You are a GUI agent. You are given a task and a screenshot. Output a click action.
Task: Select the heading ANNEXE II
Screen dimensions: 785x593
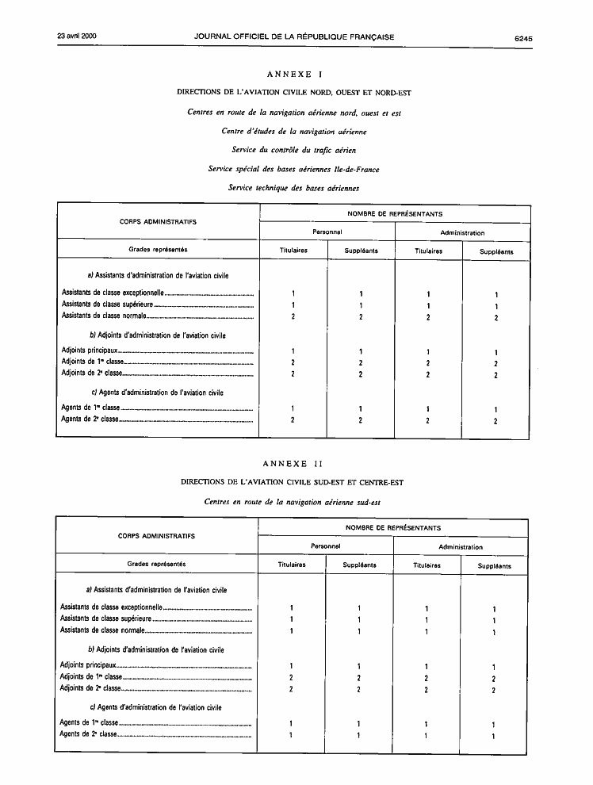(x=294, y=463)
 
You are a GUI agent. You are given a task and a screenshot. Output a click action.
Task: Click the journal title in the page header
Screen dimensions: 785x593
(x=293, y=36)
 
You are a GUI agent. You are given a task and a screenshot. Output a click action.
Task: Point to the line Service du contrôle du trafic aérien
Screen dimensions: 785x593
(x=294, y=150)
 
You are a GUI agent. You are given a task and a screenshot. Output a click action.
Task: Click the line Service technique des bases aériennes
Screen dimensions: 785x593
(x=294, y=188)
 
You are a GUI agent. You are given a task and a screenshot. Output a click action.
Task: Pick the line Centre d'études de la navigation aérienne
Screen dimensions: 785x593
(x=294, y=131)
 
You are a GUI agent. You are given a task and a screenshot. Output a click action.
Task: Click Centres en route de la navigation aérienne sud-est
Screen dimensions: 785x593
(x=294, y=501)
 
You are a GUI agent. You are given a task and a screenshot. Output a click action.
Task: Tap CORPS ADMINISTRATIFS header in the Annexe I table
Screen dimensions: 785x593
(x=158, y=221)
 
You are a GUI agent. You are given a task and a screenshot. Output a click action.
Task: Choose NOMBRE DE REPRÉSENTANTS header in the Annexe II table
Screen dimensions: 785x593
(x=393, y=527)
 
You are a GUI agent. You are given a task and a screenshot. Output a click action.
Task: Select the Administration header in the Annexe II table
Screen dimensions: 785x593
(x=460, y=547)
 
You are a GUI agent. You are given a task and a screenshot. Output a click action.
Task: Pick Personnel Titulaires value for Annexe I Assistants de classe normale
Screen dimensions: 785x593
(x=293, y=317)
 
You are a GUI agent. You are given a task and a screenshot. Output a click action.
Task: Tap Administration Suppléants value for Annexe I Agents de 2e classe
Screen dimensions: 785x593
(x=495, y=421)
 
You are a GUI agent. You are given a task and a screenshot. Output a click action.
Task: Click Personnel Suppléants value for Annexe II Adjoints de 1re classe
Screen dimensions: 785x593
(x=358, y=678)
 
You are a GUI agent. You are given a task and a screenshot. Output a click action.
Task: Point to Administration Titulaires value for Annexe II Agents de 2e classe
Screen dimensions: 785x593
(x=427, y=736)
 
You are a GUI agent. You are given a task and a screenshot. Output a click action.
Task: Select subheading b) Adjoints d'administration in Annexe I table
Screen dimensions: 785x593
(x=158, y=335)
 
